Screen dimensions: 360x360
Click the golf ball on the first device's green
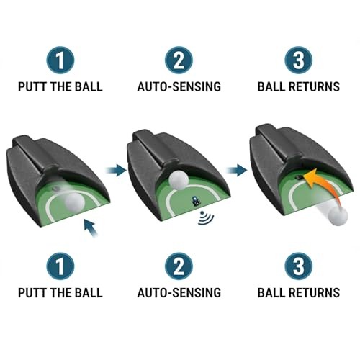click(53, 202)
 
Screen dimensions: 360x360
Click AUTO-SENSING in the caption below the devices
click(179, 293)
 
